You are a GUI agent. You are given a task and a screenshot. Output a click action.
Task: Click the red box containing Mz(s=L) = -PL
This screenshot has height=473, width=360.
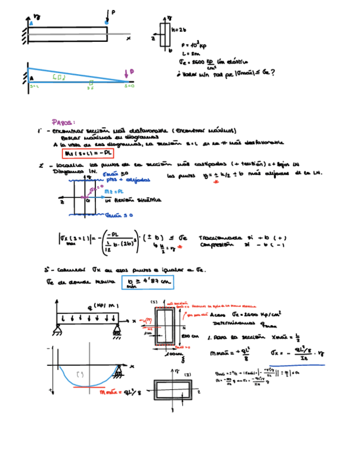[x=87, y=153]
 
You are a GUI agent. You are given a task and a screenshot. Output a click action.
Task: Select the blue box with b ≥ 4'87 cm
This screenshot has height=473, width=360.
[x=148, y=284]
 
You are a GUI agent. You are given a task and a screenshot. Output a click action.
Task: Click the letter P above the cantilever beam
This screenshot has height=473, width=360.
[x=114, y=12]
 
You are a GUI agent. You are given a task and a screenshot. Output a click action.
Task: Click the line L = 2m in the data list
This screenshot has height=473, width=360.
[x=191, y=54]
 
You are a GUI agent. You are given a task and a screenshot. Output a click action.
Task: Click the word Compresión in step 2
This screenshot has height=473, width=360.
[x=214, y=244]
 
